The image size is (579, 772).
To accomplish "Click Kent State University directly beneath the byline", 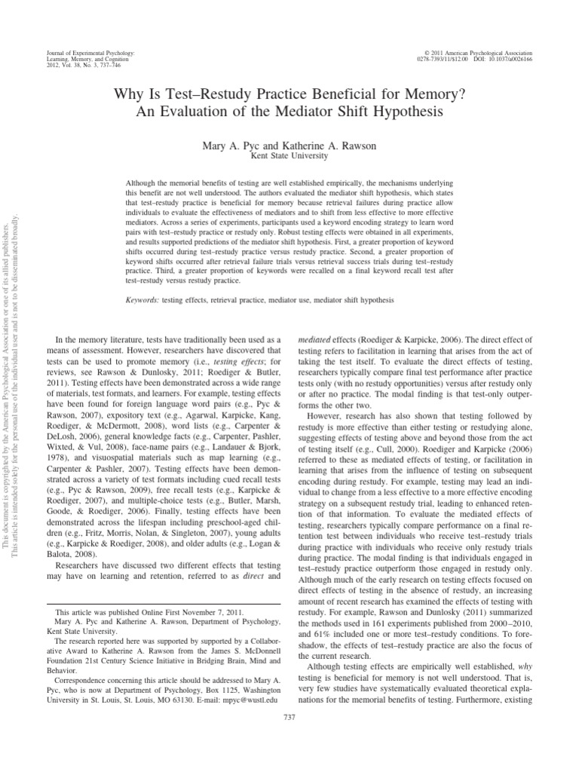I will pyautogui.click(x=289, y=155).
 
